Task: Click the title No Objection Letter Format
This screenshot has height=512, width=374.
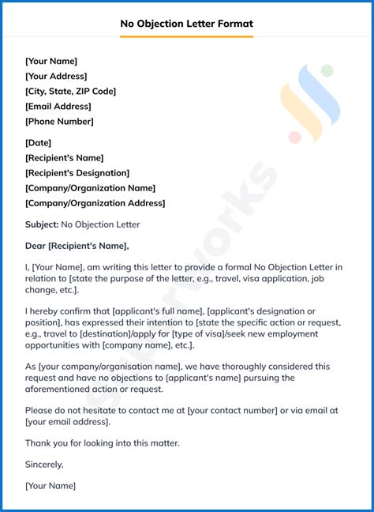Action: (x=186, y=24)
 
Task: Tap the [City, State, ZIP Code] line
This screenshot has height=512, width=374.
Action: (x=70, y=91)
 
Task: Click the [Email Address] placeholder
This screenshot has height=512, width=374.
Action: (x=58, y=106)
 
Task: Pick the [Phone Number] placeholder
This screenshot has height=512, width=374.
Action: (x=59, y=121)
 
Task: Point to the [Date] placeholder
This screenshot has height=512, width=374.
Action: (x=38, y=142)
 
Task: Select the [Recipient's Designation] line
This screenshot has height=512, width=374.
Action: (x=77, y=172)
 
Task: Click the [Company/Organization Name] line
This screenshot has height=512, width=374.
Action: (x=90, y=187)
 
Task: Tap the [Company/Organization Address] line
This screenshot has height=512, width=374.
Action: (x=95, y=202)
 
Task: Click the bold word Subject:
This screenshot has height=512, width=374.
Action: (x=41, y=224)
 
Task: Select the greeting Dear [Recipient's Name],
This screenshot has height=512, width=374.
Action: (x=77, y=246)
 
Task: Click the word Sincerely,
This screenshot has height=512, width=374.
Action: (x=44, y=464)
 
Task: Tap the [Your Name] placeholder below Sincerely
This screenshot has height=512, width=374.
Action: (x=50, y=485)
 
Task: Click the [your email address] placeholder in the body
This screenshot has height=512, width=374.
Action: (x=66, y=421)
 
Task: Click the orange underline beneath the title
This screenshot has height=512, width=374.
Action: (x=186, y=36)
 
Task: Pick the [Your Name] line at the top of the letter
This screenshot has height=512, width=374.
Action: (x=51, y=61)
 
